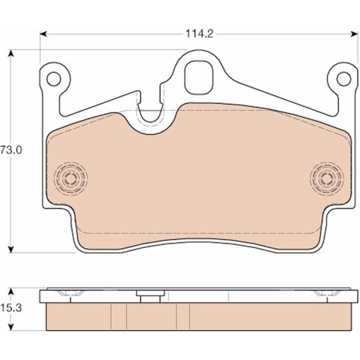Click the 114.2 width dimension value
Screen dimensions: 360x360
pos(199,34)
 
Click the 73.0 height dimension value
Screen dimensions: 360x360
pos(11,150)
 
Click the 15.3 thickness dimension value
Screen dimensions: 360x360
pos(11,308)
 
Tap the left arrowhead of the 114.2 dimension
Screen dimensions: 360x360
pos(44,34)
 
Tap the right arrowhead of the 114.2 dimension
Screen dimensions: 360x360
pos(354,34)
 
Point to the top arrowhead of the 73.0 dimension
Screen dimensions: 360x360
pos(11,54)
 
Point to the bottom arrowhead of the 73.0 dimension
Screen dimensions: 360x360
pos(11,249)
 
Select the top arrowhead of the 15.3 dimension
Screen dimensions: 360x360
pos(11,292)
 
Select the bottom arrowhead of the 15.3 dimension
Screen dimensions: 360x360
pos(11,327)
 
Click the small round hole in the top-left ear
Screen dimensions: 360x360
pos(54,79)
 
